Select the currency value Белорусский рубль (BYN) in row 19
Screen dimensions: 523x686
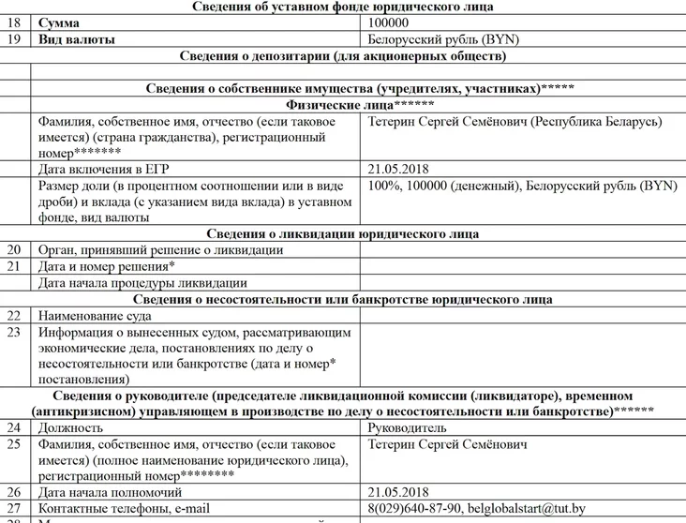[x=444, y=40]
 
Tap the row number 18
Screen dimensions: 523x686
[x=14, y=23]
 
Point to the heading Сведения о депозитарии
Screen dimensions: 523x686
[x=342, y=56]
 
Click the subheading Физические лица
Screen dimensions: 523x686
[x=342, y=105]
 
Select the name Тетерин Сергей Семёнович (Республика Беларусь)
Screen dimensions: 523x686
[x=515, y=122]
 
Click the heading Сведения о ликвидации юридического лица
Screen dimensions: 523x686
[x=342, y=233]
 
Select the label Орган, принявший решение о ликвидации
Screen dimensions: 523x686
[x=159, y=250]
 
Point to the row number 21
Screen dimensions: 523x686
[x=14, y=266]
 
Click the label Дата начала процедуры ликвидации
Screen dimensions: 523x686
[x=142, y=282]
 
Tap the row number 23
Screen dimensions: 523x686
[x=14, y=332]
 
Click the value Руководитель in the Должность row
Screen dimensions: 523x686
[x=409, y=427]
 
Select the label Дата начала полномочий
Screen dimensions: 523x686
[x=110, y=492]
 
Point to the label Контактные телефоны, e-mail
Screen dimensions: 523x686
[x=124, y=509]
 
